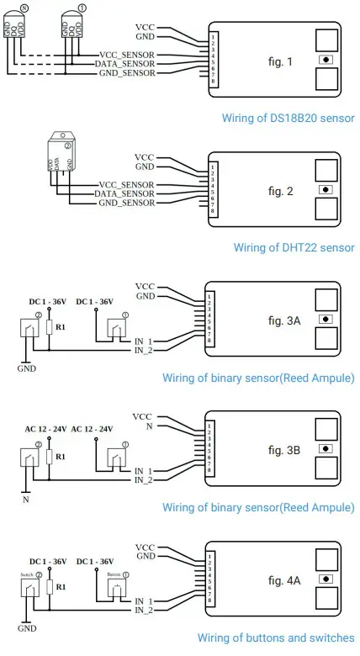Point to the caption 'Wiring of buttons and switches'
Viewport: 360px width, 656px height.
(276, 637)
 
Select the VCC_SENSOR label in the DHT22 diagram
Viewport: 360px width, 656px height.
(127, 184)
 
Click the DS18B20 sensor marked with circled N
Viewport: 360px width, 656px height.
(23, 28)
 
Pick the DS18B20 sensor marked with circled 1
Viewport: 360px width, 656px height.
(72, 28)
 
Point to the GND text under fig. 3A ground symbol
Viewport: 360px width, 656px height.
(27, 368)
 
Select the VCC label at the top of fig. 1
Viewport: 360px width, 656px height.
(145, 27)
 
